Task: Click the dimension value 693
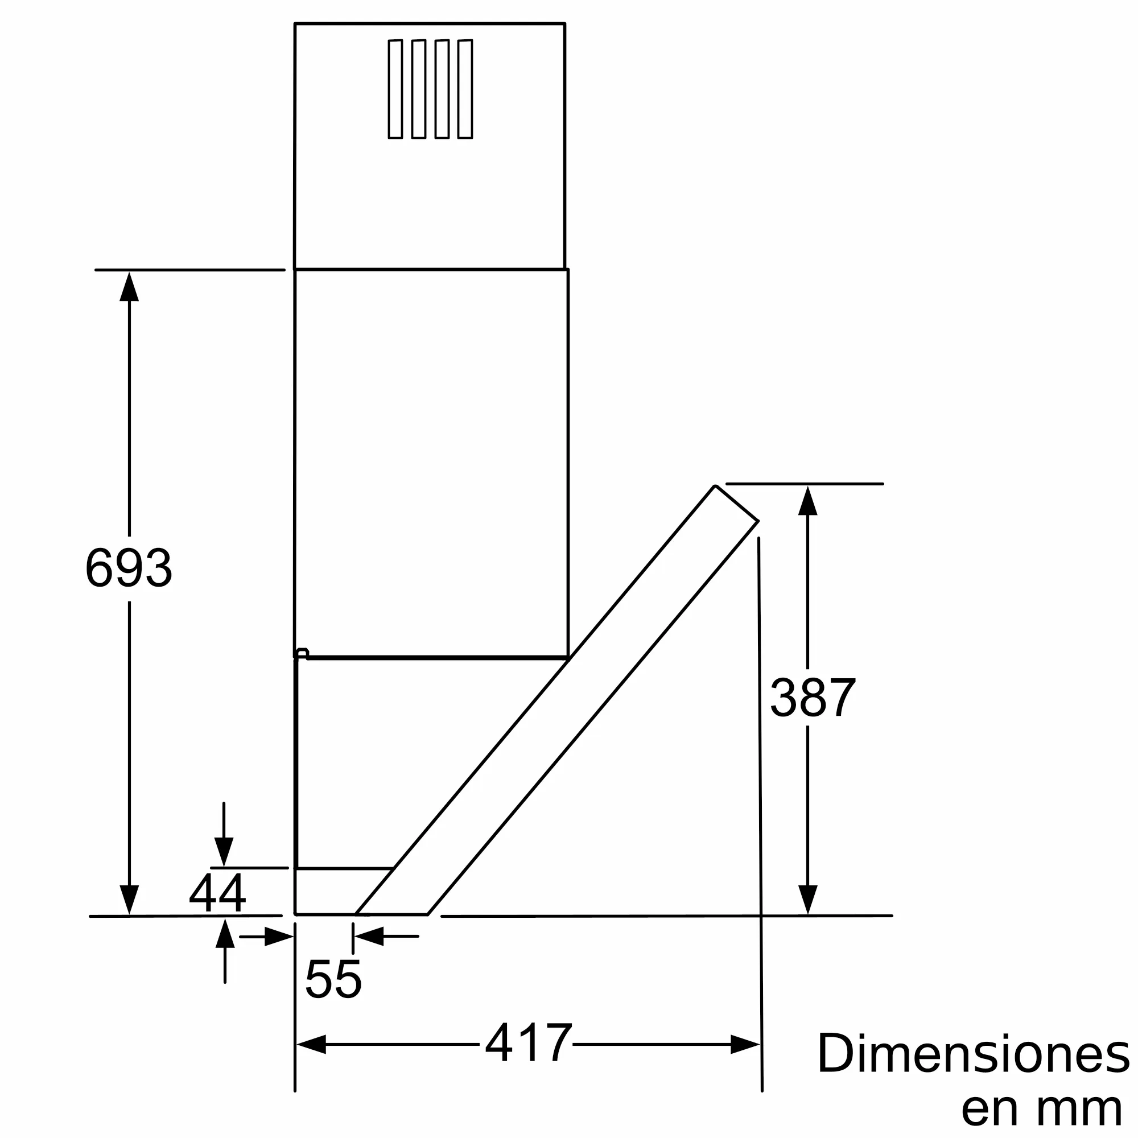coord(129,568)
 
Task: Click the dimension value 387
coord(813,697)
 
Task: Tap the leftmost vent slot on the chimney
coord(395,89)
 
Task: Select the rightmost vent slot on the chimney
coord(465,89)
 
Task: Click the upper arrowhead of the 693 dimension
coord(129,286)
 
